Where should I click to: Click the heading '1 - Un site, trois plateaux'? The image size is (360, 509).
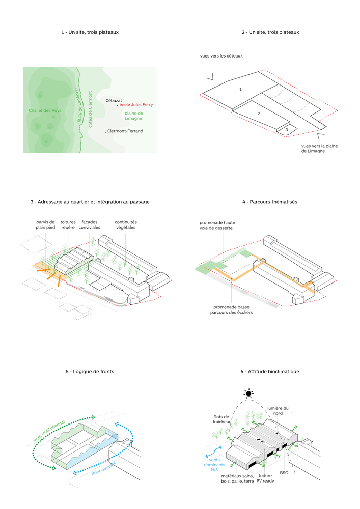click(x=90, y=32)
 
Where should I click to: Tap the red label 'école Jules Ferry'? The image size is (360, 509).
click(x=135, y=105)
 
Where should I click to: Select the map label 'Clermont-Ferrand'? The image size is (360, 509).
click(x=125, y=131)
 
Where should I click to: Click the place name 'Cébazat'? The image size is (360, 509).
click(x=114, y=101)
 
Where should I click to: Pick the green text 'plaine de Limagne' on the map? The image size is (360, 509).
click(x=133, y=116)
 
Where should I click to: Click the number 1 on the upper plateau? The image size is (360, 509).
click(x=240, y=89)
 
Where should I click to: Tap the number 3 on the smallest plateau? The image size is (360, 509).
click(x=287, y=130)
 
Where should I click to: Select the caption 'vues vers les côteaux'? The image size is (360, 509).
click(x=221, y=55)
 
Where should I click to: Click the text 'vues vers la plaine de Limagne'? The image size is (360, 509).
click(x=319, y=148)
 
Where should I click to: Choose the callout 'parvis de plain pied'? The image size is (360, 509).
click(x=45, y=225)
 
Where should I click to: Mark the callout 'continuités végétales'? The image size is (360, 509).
click(x=126, y=225)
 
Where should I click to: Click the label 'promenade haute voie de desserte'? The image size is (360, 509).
click(x=217, y=225)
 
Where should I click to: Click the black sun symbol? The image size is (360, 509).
click(x=248, y=393)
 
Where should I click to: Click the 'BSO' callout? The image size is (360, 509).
click(x=284, y=473)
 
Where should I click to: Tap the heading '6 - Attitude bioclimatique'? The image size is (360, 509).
click(x=270, y=372)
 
